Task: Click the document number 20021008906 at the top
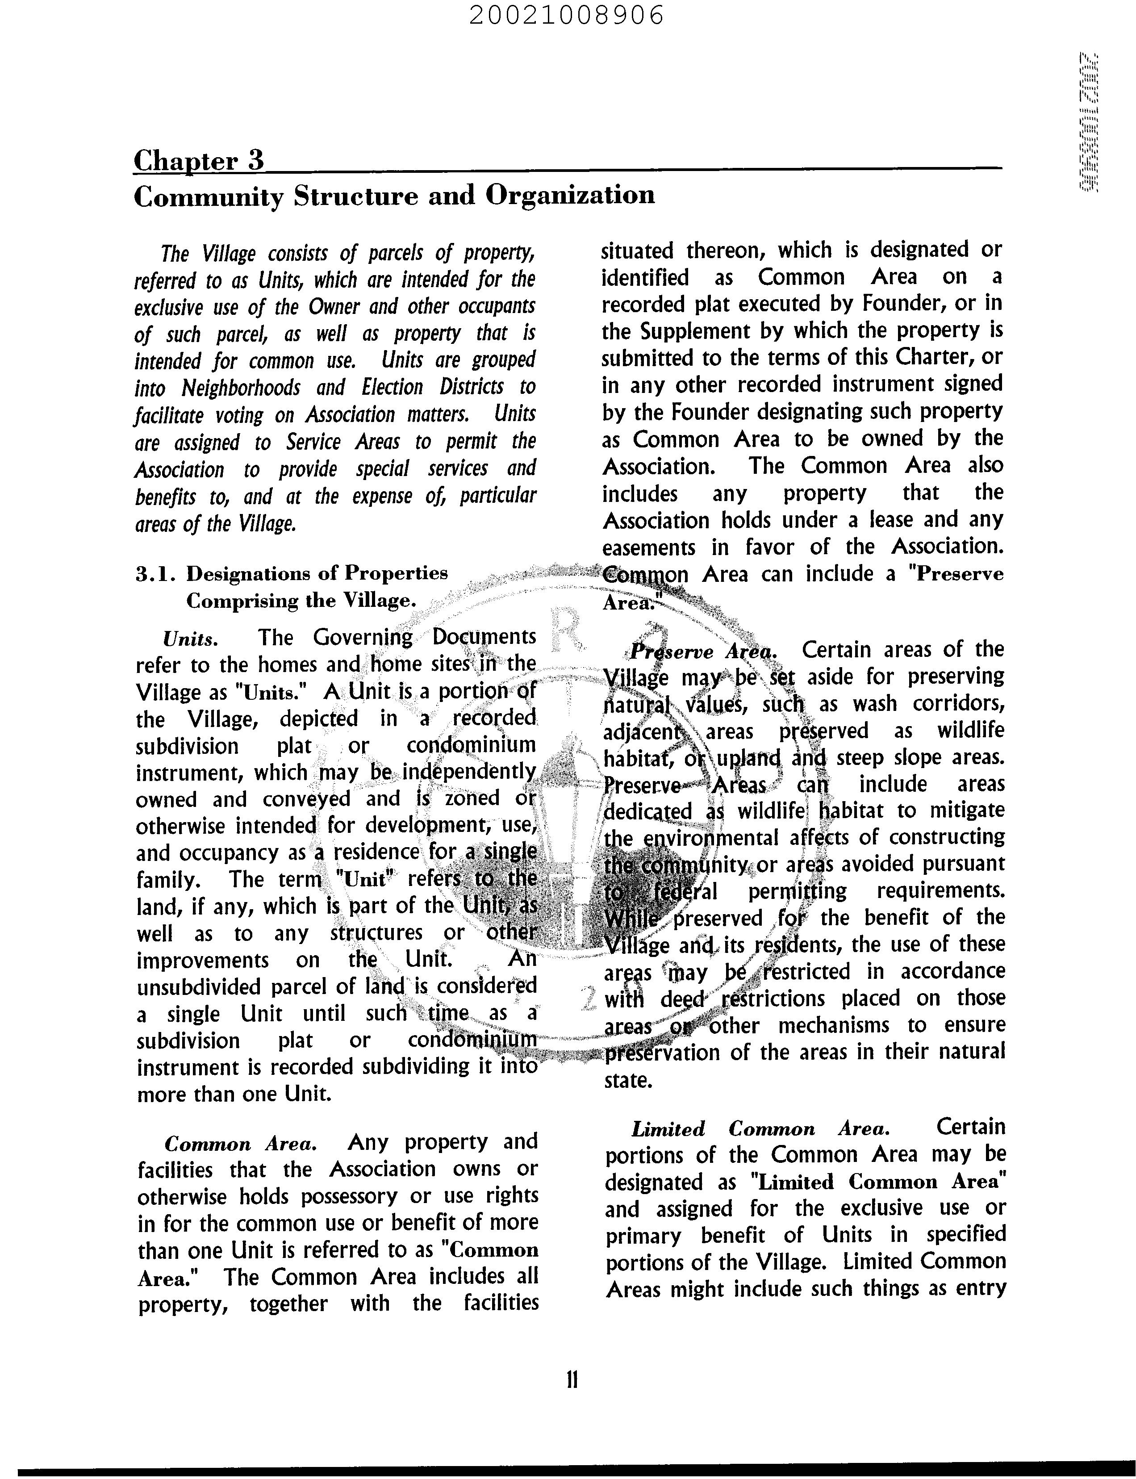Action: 567,15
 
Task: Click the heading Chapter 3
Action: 198,161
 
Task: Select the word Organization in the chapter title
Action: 570,196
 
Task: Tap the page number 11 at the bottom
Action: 572,1379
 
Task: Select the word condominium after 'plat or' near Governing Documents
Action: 471,745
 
